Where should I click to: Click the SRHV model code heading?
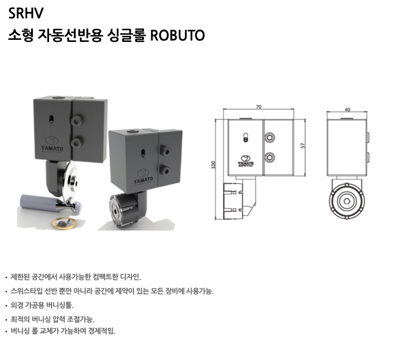click(26, 13)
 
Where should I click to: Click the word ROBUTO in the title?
click(177, 35)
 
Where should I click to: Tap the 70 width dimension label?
click(258, 107)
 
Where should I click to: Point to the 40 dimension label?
click(347, 110)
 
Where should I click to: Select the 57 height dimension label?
click(302, 145)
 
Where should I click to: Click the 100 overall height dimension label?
click(213, 165)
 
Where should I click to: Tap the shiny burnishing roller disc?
click(70, 180)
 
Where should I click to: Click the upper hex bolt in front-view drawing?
click(270, 137)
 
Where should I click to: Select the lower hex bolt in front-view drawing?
click(270, 158)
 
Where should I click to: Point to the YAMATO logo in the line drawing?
click(246, 161)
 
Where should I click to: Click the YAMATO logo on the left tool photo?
click(52, 145)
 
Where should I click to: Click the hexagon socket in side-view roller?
click(347, 201)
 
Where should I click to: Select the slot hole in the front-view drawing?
click(246, 138)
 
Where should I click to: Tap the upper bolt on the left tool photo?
click(77, 121)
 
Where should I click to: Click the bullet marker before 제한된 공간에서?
click(6, 278)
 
